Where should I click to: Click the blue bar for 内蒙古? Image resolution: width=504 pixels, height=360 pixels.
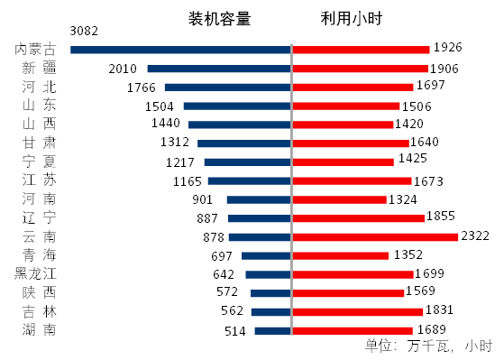180,50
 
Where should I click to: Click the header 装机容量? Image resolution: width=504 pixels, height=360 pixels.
219,18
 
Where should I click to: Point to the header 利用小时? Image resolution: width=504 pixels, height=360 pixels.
352,18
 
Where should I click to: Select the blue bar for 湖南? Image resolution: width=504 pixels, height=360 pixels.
272,331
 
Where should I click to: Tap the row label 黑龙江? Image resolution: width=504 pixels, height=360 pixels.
35,274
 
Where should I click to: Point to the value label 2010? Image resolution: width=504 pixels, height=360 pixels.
122,69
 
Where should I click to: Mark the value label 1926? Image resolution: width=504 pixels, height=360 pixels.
448,46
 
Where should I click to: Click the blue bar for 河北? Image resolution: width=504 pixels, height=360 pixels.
227,88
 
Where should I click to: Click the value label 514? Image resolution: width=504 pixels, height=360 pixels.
234,331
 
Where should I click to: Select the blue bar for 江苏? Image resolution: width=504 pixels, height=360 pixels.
249,181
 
